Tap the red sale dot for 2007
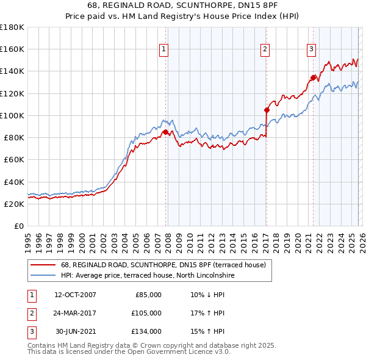coord(165,131)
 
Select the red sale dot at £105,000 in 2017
coord(267,110)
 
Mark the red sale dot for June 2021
coord(313,77)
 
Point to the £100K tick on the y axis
coord(12,115)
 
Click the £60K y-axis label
coord(14,160)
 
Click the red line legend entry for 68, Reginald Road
coord(163,265)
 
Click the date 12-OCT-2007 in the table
coord(75,295)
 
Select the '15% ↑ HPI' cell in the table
coord(207,331)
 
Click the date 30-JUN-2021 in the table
coord(75,331)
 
